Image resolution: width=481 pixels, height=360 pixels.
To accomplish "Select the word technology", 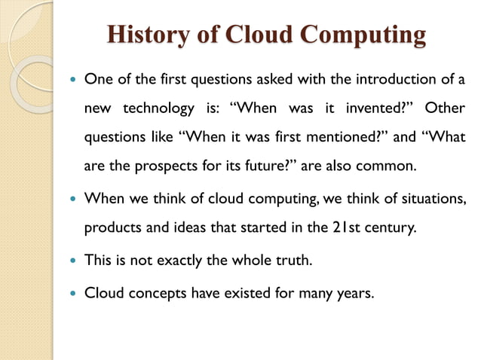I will (x=159, y=108).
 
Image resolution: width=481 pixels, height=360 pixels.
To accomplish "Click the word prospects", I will (x=167, y=166).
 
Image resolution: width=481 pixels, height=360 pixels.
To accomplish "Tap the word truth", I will (x=290, y=261).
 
